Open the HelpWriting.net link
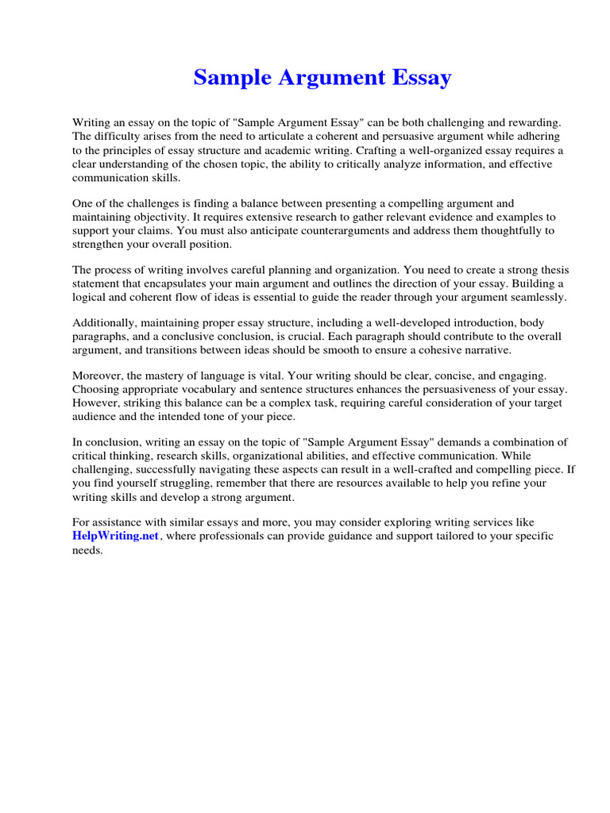[116, 537]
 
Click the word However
[96, 403]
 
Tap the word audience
[95, 417]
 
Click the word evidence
[442, 217]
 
